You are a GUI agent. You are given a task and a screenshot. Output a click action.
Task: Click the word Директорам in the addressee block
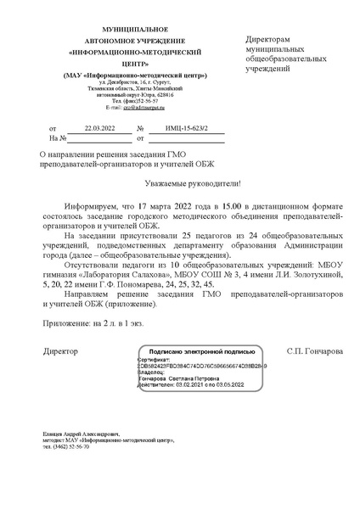click(x=267, y=40)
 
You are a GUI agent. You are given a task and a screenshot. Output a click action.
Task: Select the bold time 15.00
click(x=231, y=206)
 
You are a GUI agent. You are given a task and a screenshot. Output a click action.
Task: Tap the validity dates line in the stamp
click(x=184, y=383)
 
